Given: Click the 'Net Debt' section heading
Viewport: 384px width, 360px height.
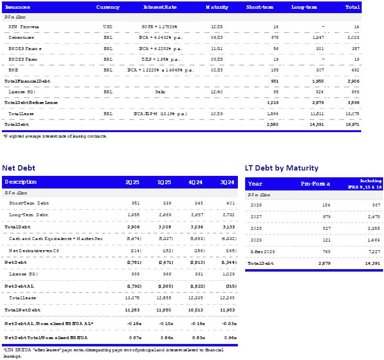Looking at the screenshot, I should click(18, 168).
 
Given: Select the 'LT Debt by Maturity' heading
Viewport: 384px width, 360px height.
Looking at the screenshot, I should click(282, 168).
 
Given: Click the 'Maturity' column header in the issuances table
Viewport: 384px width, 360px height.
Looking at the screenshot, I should click(214, 7).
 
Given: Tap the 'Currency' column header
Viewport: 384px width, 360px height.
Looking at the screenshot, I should click(108, 7).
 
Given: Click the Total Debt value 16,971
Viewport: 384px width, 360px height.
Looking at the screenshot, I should click(353, 125).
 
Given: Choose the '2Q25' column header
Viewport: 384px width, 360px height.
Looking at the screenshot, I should click(133, 182).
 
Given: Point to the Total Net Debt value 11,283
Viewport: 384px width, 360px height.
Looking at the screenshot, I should click(132, 309).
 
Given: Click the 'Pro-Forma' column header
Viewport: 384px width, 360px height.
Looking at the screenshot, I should click(315, 184).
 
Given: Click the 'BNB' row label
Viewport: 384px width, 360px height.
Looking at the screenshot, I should click(13, 70).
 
